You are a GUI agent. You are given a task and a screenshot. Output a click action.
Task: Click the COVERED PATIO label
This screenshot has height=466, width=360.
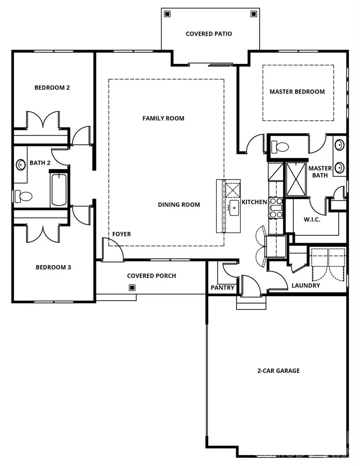click(209, 34)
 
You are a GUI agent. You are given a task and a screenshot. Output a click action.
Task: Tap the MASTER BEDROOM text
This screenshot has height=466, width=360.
click(297, 92)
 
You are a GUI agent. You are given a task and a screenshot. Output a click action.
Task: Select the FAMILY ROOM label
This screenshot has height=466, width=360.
click(163, 118)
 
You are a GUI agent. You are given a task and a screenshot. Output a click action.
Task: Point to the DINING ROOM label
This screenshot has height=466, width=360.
click(179, 205)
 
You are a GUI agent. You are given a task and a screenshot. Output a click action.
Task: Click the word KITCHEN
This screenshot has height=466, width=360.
click(254, 202)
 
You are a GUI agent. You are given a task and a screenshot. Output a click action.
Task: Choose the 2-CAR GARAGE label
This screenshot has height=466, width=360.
click(278, 371)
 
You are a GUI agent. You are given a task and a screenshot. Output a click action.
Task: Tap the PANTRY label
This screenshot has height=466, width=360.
click(222, 288)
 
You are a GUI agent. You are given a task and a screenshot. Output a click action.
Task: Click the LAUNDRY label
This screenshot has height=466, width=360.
click(306, 286)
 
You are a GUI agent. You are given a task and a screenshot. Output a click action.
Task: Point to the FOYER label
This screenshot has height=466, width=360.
click(121, 234)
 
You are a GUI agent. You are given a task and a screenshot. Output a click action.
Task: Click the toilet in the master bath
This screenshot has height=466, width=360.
click(280, 147)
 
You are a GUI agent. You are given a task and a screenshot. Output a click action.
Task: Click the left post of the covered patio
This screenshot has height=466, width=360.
click(167, 14)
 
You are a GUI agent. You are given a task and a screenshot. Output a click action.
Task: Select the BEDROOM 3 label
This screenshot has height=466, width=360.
click(54, 267)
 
